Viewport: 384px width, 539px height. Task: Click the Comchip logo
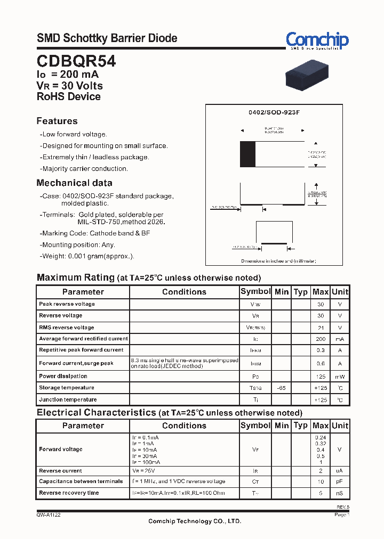317,40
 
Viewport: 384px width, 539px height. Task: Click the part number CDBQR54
76,61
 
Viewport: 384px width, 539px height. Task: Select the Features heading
57,121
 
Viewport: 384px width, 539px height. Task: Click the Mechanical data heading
74,183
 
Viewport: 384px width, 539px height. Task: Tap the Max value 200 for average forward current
320,339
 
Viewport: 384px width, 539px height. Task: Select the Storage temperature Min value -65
281,388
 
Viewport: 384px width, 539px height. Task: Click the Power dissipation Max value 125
320,377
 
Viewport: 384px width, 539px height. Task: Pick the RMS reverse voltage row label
66,328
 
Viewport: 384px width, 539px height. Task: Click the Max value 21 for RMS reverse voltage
320,328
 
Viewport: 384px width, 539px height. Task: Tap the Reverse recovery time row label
69,493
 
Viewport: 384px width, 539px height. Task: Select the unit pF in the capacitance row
340,481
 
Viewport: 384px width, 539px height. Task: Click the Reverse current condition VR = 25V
144,471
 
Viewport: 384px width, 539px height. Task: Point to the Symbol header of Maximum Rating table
255,291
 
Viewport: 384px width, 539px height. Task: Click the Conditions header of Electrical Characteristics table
184,426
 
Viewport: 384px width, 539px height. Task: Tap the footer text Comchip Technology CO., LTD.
194,521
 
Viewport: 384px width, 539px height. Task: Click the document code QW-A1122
49,515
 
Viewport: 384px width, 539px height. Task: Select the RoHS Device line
68,96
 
